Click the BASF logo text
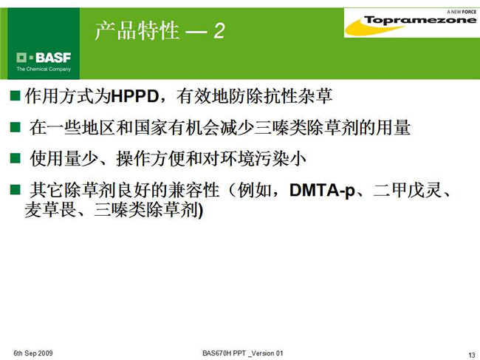(x=53, y=58)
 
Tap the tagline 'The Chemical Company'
(x=44, y=69)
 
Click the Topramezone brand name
(x=420, y=20)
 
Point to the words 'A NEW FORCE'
(x=462, y=12)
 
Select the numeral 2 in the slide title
(x=219, y=31)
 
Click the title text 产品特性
(x=137, y=30)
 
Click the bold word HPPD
(x=134, y=96)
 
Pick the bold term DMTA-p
(x=322, y=190)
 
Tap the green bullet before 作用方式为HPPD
(x=15, y=95)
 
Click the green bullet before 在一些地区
(x=15, y=127)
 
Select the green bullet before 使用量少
(x=15, y=158)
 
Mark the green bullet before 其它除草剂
(x=15, y=190)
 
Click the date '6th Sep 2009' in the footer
(x=33, y=353)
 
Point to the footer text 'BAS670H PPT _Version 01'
(x=243, y=353)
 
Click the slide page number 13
(x=472, y=355)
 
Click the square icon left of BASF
(x=21, y=58)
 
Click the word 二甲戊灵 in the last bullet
(x=408, y=190)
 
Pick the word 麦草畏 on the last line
(x=51, y=210)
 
